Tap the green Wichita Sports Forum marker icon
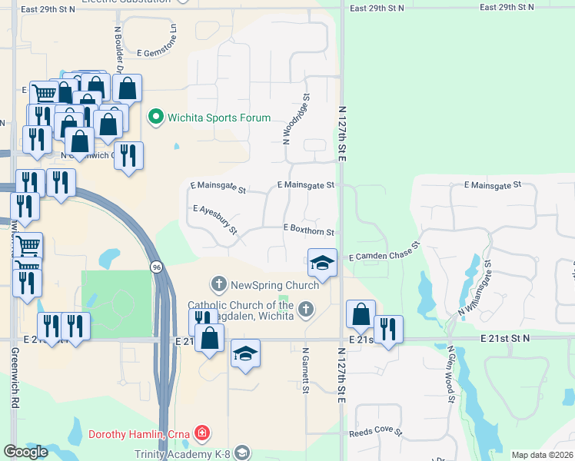[x=155, y=118]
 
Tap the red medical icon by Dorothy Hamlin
[x=202, y=434]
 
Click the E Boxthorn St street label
[x=309, y=229]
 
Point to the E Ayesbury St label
[x=216, y=220]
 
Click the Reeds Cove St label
[x=376, y=433]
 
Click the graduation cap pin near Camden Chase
[x=323, y=263]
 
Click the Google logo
[x=26, y=452]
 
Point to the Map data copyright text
[x=543, y=455]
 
